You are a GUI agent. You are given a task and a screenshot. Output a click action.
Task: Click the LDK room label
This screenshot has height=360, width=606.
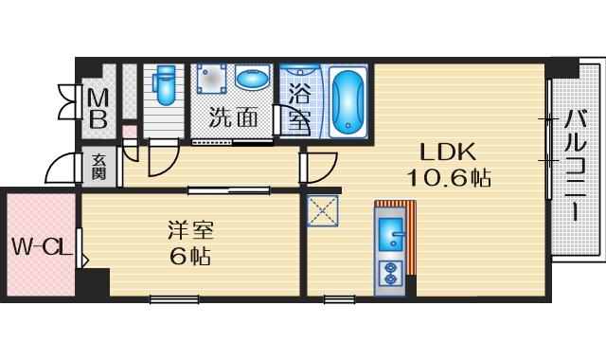point(448,152)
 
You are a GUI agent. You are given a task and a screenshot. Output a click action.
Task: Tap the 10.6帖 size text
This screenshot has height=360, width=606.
point(449,179)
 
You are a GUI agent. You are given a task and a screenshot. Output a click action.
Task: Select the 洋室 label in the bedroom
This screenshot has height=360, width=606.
point(190,230)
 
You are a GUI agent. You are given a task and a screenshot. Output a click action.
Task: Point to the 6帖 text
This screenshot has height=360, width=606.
point(190,256)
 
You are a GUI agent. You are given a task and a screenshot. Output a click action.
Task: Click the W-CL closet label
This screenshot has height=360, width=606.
point(42,246)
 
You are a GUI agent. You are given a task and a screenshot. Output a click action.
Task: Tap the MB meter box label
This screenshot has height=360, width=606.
point(98,110)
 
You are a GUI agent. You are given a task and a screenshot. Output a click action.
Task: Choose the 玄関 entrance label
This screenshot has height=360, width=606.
point(98,167)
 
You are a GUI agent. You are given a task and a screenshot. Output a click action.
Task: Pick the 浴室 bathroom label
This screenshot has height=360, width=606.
point(299,107)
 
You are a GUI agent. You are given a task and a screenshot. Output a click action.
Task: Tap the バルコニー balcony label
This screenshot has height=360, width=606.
point(576,166)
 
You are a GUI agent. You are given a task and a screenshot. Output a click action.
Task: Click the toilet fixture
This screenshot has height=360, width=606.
point(164,84)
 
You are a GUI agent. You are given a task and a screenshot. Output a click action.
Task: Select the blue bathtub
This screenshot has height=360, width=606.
point(348,102)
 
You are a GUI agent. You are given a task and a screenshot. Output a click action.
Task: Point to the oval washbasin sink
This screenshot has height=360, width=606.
point(251,78)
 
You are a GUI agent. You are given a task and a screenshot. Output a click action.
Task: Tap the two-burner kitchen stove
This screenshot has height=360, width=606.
point(389,274)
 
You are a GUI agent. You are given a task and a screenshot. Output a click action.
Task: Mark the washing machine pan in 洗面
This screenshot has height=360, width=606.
point(211,79)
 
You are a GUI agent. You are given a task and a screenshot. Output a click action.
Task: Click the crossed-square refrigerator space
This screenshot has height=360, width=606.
point(323,211)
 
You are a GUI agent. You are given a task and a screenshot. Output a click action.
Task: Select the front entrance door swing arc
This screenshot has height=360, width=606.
point(62,169)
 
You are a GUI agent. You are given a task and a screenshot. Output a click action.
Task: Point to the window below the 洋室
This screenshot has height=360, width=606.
point(174,299)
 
